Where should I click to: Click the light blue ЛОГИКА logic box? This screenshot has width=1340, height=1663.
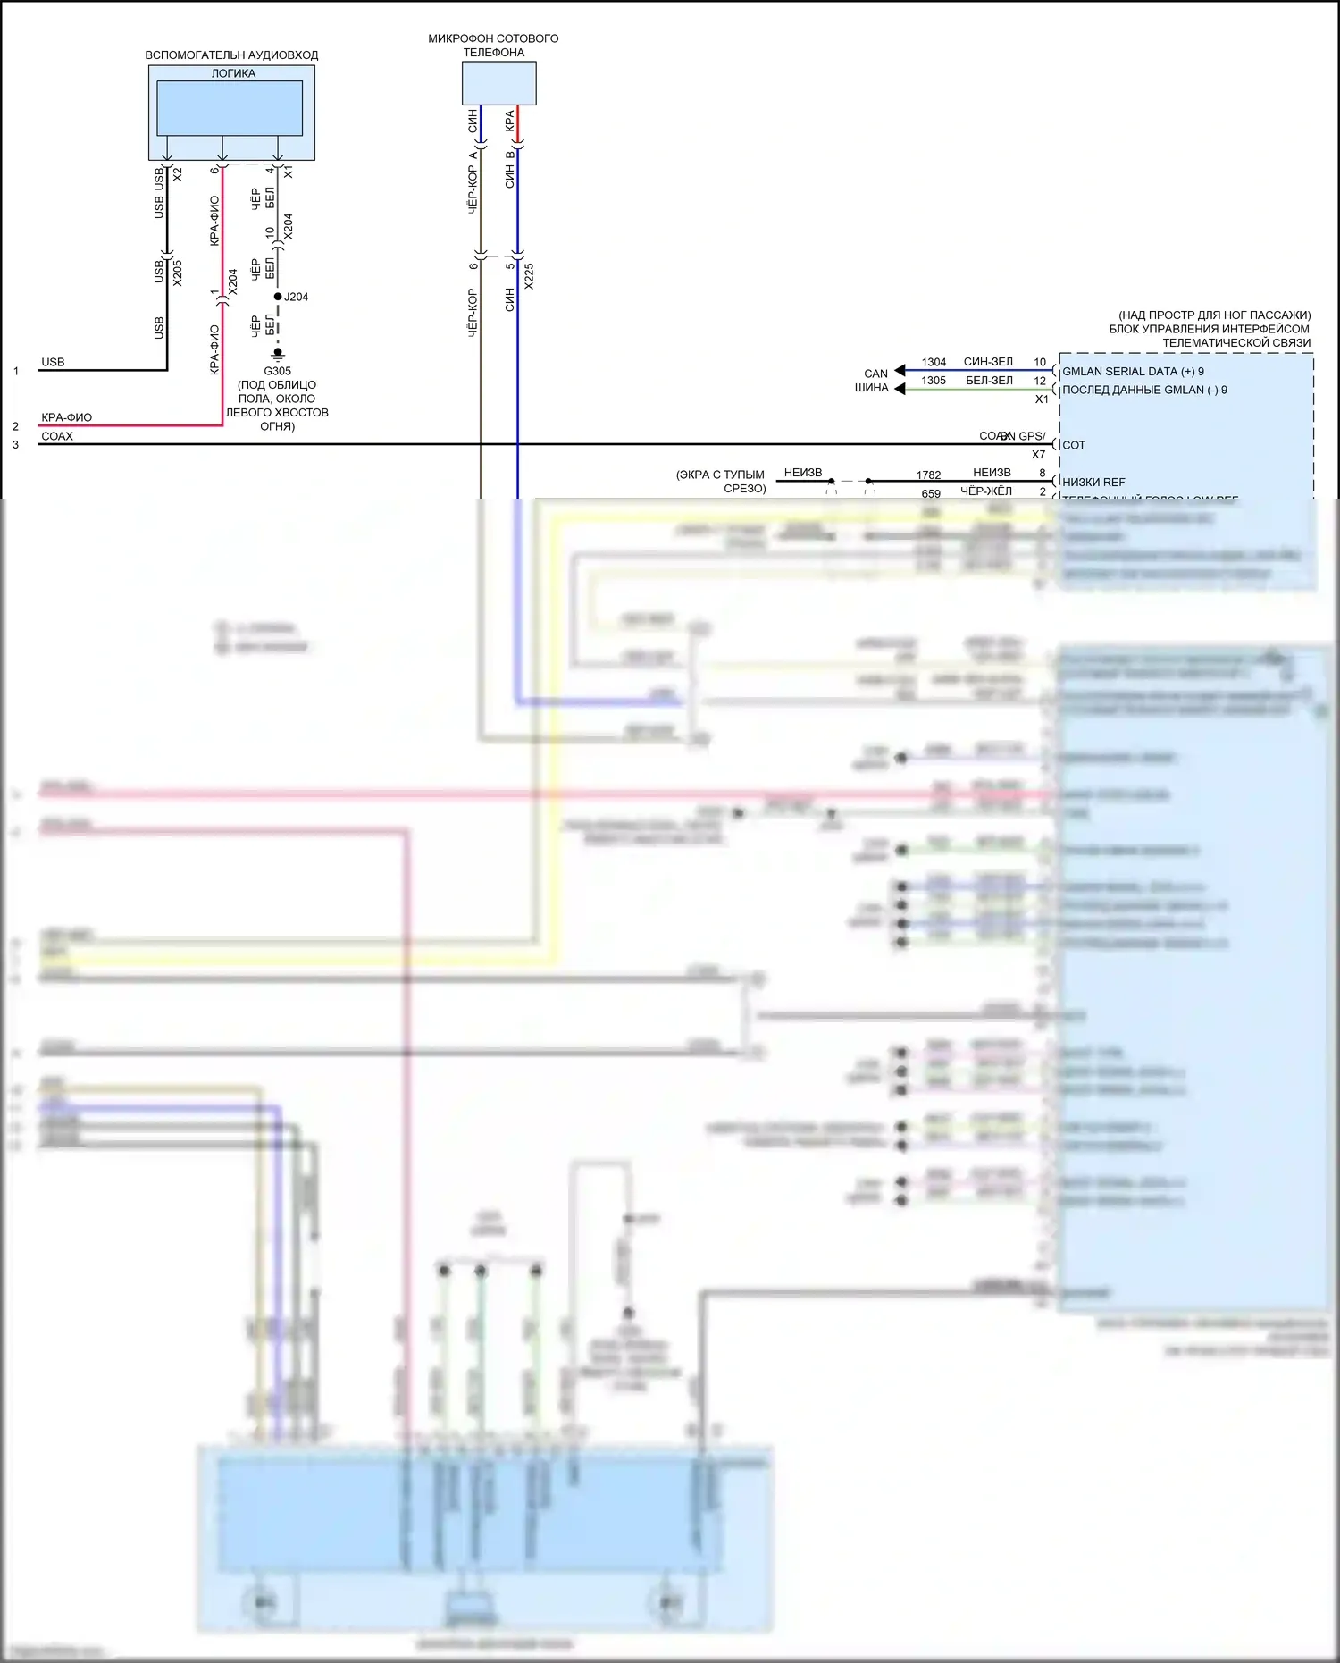click(230, 107)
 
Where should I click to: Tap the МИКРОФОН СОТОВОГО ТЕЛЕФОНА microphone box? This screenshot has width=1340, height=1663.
click(498, 83)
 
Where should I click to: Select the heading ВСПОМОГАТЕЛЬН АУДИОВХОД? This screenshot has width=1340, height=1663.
click(231, 55)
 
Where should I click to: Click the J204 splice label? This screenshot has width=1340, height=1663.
click(296, 297)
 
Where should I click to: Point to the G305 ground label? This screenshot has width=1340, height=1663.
click(277, 371)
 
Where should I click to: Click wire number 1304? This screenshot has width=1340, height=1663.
click(934, 362)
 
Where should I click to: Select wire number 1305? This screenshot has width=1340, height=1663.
click(934, 381)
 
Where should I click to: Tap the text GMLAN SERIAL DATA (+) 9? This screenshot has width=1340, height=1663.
click(1133, 372)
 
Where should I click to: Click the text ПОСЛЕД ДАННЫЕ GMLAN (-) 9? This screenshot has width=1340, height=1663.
click(1144, 390)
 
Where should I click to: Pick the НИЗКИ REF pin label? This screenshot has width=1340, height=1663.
click(1093, 483)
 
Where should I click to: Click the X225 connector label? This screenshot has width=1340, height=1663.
click(529, 275)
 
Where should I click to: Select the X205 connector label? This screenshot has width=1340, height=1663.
click(177, 273)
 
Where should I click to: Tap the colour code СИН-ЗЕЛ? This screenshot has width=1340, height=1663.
click(988, 362)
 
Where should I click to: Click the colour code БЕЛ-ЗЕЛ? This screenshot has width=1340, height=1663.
click(989, 381)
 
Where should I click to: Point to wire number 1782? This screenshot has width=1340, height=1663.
click(928, 475)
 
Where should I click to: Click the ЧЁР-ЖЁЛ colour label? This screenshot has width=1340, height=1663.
click(985, 491)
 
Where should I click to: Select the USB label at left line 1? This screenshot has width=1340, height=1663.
click(53, 362)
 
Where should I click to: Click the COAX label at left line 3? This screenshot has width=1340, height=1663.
click(57, 436)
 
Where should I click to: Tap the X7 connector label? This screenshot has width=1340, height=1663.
click(1038, 455)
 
